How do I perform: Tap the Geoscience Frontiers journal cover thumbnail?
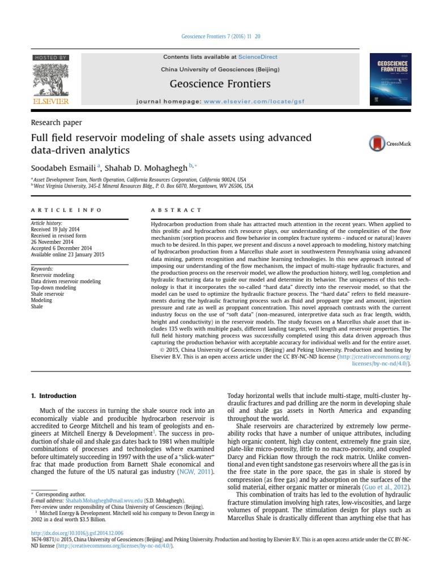(x=390, y=79)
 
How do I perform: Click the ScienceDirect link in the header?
(x=257, y=57)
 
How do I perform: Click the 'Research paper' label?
(x=56, y=122)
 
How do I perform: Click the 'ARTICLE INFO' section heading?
(x=67, y=210)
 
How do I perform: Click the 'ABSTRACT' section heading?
(x=177, y=210)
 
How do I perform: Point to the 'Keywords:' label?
(x=42, y=269)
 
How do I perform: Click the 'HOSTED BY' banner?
(x=51, y=58)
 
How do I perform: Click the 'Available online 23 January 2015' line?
(x=67, y=254)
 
